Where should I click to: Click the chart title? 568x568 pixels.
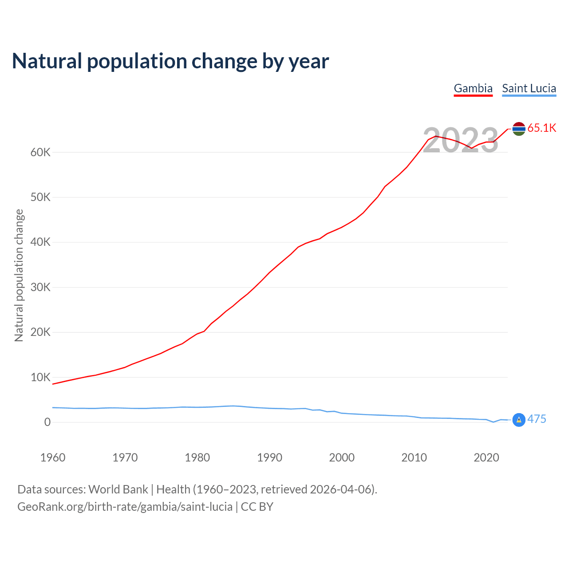(170, 61)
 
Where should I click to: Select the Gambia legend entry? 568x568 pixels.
(473, 88)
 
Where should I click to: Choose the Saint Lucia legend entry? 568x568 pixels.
(529, 88)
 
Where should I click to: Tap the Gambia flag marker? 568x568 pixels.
(519, 129)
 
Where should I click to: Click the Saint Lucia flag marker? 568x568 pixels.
(519, 419)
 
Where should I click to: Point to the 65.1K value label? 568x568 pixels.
(542, 128)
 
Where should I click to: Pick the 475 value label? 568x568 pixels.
(536, 419)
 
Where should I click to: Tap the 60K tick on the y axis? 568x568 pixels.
(40, 153)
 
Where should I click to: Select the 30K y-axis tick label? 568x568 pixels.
(40, 288)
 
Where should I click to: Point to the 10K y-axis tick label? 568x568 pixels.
(40, 378)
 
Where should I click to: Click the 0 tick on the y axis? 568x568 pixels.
(47, 422)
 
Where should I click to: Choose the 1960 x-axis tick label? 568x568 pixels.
(53, 458)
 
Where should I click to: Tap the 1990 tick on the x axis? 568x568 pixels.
(270, 458)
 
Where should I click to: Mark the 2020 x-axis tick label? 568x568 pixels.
(486, 458)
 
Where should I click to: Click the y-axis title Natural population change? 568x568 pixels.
(19, 275)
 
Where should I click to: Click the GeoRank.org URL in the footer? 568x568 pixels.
(125, 507)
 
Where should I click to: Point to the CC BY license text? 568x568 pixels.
(257, 507)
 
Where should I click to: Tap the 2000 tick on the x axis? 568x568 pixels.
(342, 458)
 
